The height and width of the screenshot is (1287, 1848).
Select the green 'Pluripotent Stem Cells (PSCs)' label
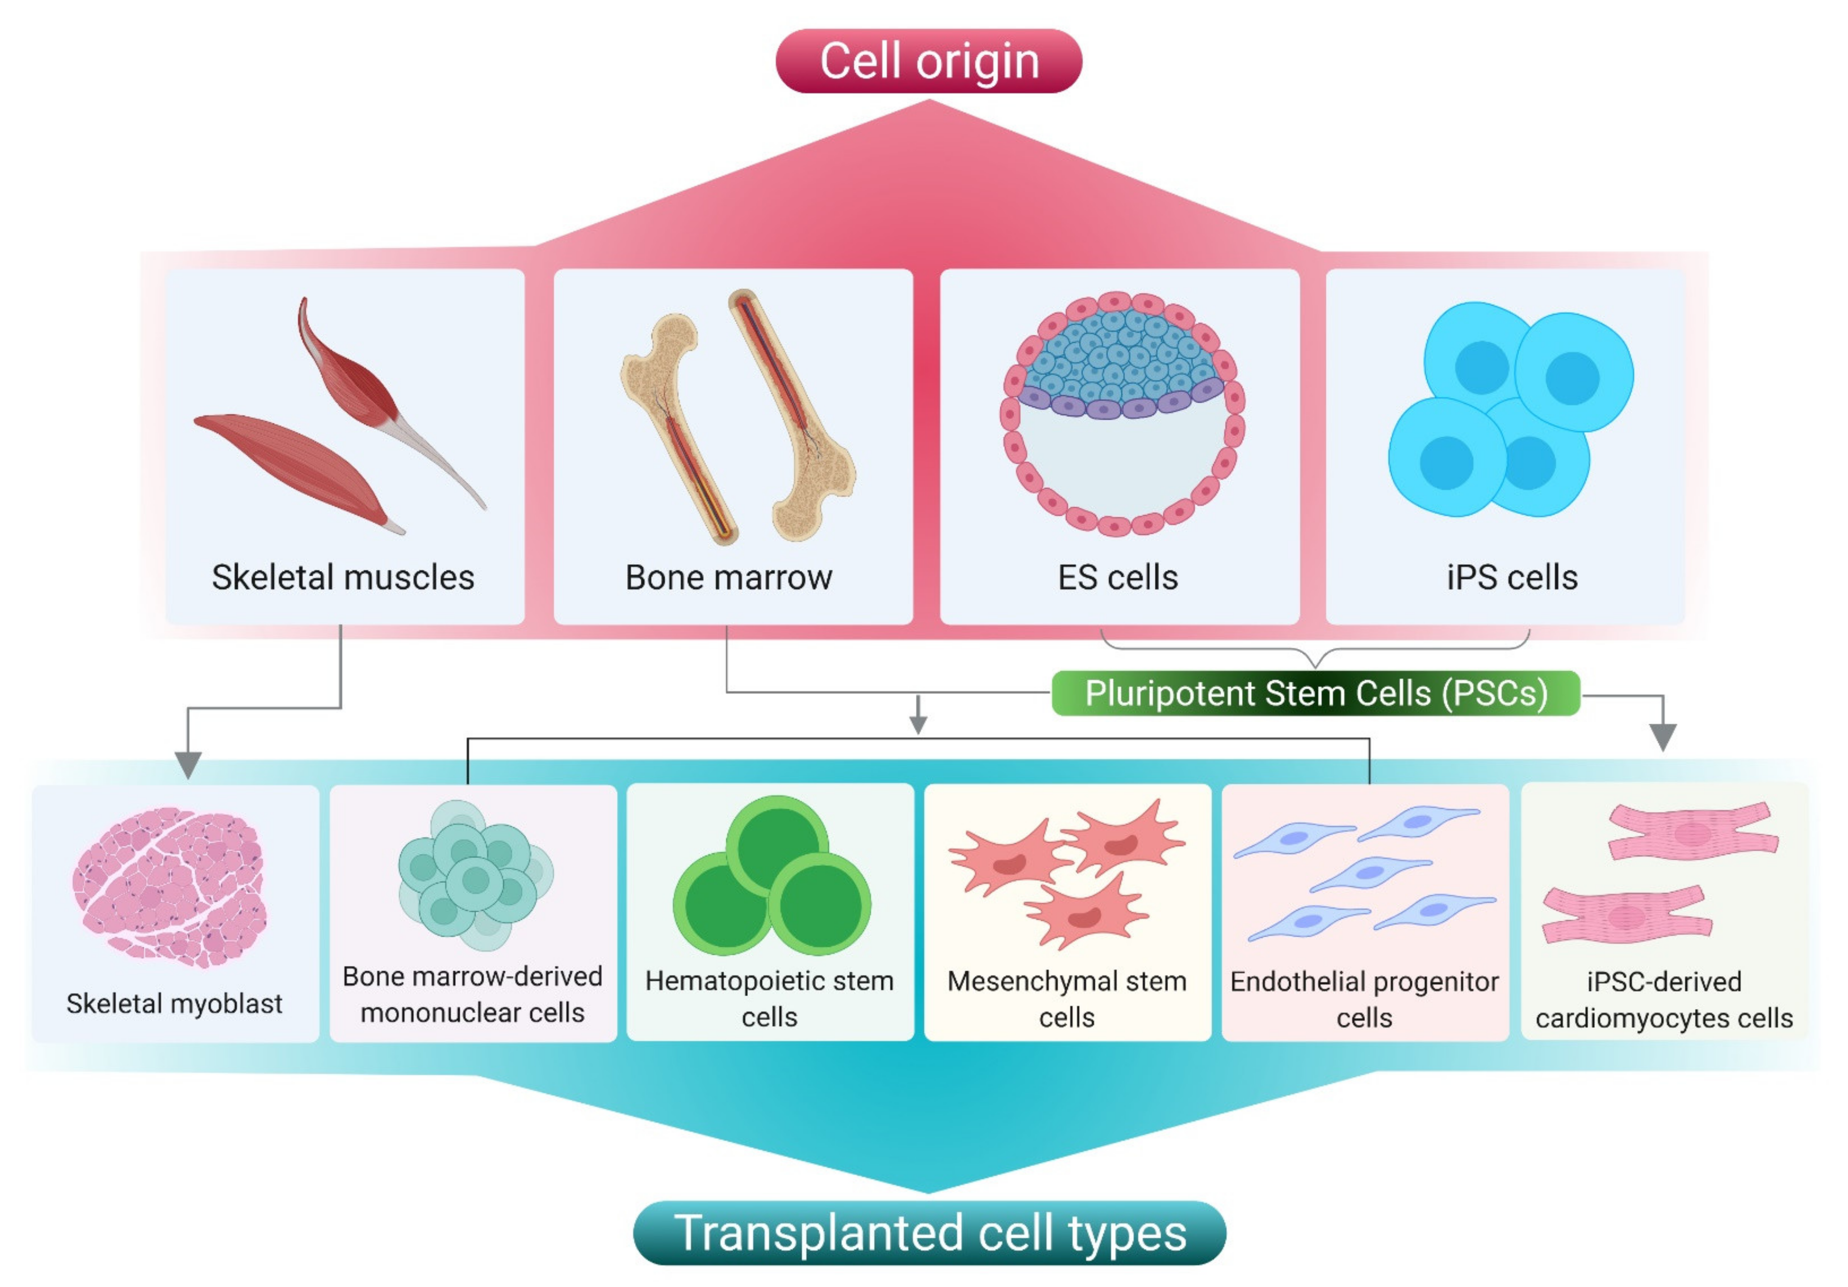click(1315, 693)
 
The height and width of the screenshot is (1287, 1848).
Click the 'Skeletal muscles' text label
click(343, 577)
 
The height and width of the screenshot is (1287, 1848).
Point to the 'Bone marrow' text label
click(728, 577)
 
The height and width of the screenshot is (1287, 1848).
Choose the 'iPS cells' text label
click(1512, 577)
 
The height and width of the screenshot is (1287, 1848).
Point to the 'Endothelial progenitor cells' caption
click(1364, 999)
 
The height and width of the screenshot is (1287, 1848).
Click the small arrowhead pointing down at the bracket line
click(918, 724)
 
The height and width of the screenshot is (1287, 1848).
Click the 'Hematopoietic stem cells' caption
click(769, 998)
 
